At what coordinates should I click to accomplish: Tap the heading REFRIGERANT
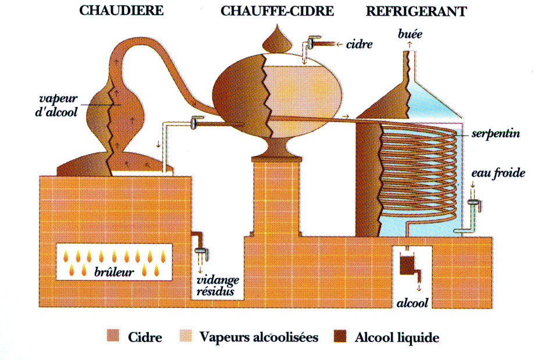[408, 11]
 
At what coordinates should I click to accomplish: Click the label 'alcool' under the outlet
[412, 303]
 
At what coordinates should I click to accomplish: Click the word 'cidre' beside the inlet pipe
[359, 44]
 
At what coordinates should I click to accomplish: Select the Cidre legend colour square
[113, 337]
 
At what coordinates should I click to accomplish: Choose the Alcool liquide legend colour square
[340, 337]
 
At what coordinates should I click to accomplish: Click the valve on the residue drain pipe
[201, 251]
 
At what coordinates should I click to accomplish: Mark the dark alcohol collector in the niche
[405, 265]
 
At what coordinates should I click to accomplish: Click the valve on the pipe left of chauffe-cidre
[194, 124]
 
